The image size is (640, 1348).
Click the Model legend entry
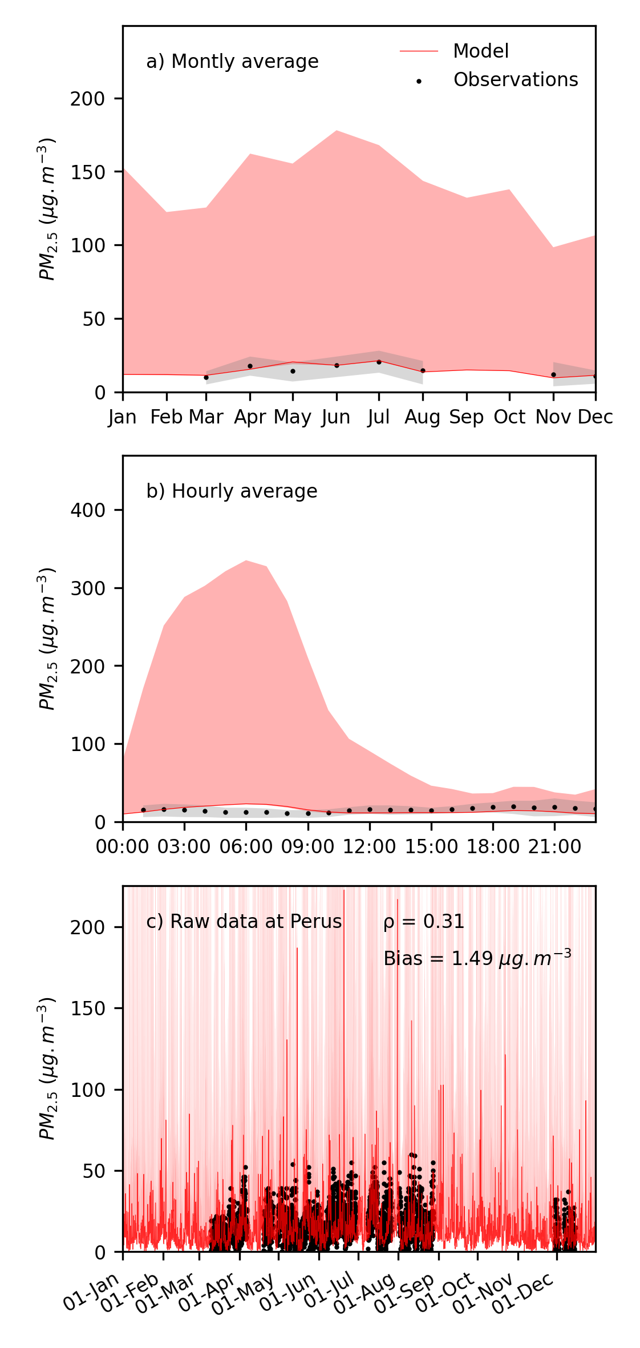pyautogui.click(x=480, y=51)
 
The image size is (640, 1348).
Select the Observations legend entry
pyautogui.click(x=515, y=80)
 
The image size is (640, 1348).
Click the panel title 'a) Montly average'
pyautogui.click(x=232, y=62)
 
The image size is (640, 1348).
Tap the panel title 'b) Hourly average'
pyautogui.click(x=232, y=491)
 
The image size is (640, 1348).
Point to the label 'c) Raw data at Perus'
pyautogui.click(x=244, y=922)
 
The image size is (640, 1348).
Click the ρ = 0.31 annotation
pyautogui.click(x=424, y=922)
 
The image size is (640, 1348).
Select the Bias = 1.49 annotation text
pyautogui.click(x=477, y=958)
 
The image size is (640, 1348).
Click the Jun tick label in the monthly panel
pyautogui.click(x=336, y=417)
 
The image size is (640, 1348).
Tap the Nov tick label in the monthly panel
pyautogui.click(x=553, y=417)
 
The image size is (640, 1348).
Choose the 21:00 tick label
pyautogui.click(x=554, y=847)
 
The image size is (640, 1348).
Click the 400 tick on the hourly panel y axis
pyautogui.click(x=88, y=510)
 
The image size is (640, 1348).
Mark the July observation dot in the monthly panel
pyautogui.click(x=379, y=362)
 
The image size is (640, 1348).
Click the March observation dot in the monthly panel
pyautogui.click(x=206, y=377)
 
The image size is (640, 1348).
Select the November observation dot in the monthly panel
pyautogui.click(x=553, y=374)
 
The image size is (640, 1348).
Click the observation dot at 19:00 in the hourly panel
pyautogui.click(x=513, y=806)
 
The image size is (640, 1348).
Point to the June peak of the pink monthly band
pyautogui.click(x=337, y=131)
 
